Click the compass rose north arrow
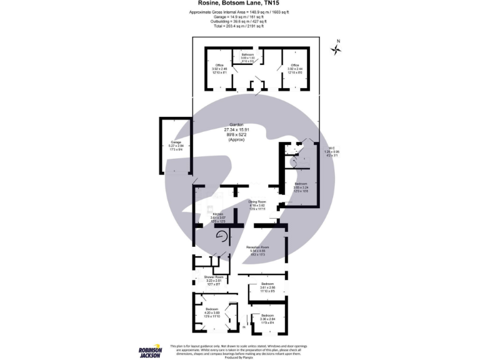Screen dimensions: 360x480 click(x=337, y=49)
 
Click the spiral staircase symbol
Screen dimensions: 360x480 click(x=221, y=236)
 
